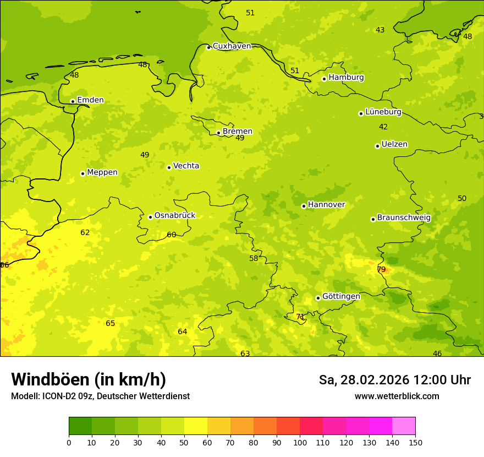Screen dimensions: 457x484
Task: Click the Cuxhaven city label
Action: tap(232, 46)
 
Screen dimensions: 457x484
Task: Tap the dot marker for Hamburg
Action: tap(324, 79)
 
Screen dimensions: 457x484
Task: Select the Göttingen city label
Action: tap(341, 296)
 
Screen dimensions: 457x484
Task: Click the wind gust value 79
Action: tap(381, 269)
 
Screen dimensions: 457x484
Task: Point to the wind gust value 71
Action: tap(300, 317)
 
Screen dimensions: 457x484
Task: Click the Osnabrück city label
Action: tap(175, 215)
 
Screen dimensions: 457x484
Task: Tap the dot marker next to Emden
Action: tap(73, 101)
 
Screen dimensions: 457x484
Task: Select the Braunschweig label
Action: tap(404, 217)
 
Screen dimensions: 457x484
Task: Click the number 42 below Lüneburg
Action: tap(383, 127)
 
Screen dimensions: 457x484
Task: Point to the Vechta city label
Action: tap(186, 166)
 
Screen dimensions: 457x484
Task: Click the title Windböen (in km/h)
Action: tap(89, 379)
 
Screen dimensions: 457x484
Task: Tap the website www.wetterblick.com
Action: tap(397, 396)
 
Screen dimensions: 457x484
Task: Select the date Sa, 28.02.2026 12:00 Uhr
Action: tap(394, 380)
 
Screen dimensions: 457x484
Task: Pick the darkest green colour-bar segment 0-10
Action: tap(80, 426)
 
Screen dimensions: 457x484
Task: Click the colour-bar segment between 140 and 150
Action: tap(404, 426)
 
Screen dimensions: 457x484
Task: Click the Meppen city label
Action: tap(102, 172)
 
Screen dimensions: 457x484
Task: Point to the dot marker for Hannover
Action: tap(304, 206)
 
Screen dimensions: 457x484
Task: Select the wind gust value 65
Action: tap(111, 323)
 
